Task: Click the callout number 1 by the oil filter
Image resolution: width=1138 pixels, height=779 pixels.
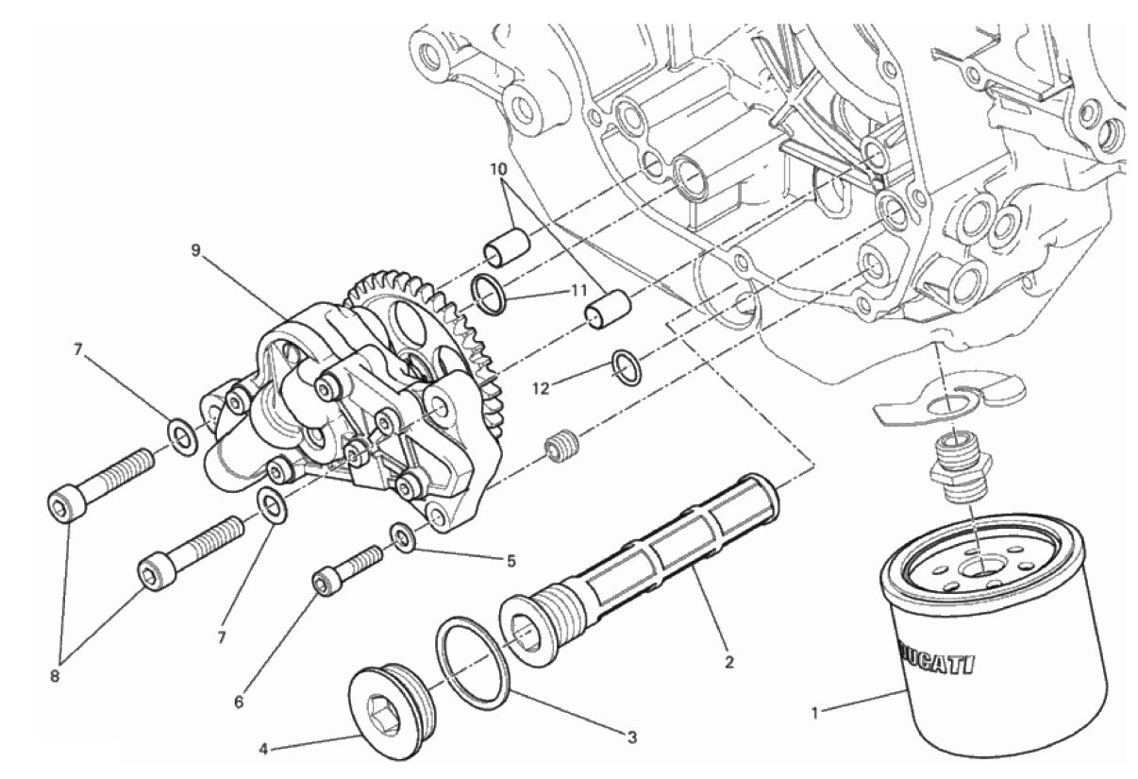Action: coord(815,714)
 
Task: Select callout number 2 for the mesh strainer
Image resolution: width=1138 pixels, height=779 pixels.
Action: coord(729,662)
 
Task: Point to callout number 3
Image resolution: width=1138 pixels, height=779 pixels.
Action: coord(631,737)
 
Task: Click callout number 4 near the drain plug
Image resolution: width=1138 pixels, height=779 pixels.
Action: coord(263,749)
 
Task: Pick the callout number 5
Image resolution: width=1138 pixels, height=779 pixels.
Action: coord(510,561)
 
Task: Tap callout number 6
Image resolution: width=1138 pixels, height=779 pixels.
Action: coord(239,703)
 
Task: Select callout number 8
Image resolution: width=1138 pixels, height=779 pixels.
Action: coord(55,676)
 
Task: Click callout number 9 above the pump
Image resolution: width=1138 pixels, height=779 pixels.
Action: coord(197,249)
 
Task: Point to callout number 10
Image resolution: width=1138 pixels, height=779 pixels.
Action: coord(498,169)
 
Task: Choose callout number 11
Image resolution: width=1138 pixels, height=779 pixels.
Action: coord(577,291)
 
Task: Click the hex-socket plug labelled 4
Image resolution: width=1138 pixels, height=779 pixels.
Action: coord(393,716)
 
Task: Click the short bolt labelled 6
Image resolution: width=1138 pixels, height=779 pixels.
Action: coord(346,570)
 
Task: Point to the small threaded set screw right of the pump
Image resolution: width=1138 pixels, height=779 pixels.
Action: coord(560,447)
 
